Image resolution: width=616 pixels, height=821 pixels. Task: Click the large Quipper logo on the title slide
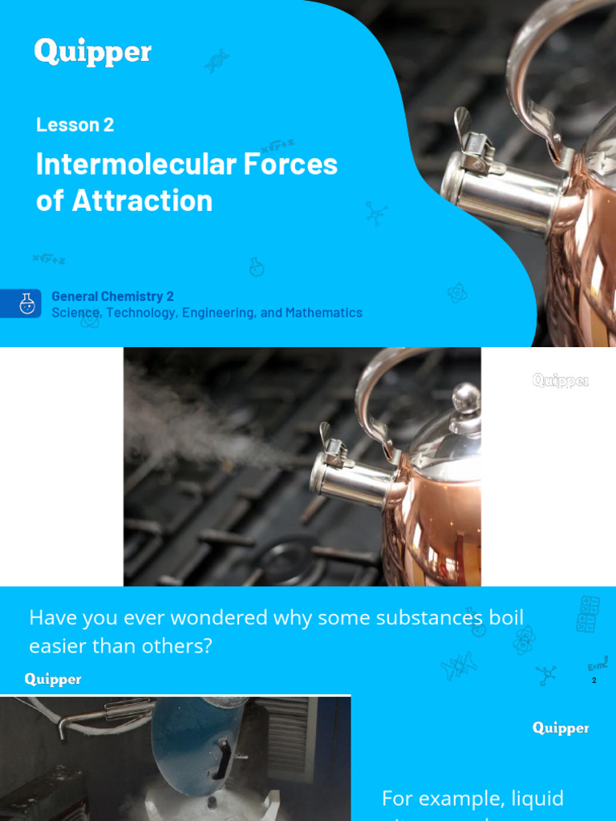pos(92,53)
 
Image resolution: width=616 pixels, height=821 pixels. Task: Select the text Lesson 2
pos(75,125)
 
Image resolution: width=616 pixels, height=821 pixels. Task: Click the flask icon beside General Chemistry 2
pos(27,304)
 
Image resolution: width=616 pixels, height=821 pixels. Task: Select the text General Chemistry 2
pos(112,297)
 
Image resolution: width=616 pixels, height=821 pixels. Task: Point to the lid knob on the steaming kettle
pos(466,397)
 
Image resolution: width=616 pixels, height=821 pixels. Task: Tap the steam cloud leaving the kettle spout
pos(201,425)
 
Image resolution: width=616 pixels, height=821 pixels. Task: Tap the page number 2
pos(594,681)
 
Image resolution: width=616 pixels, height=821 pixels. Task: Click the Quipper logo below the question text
pos(53,679)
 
